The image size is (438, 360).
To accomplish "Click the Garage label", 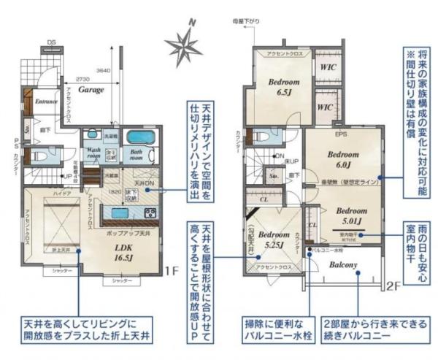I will tap(91, 90).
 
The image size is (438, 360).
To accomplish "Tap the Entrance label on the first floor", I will tap(46, 102).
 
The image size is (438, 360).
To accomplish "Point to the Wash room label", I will tap(93, 153).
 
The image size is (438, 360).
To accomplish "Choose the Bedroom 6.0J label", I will tap(342, 160).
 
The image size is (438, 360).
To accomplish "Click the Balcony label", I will tap(342, 265).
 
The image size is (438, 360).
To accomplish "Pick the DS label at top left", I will tap(52, 43).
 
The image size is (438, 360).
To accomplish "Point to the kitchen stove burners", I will tap(150, 212).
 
